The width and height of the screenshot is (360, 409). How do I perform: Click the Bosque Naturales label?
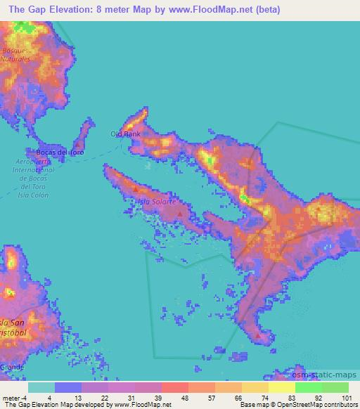17,55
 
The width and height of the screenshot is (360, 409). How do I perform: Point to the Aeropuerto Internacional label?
33,174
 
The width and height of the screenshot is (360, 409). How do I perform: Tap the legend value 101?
348,398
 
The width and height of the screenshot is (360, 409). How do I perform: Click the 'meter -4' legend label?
15,398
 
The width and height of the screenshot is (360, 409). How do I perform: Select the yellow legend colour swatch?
283,387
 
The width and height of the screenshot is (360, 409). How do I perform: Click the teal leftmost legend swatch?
41,387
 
